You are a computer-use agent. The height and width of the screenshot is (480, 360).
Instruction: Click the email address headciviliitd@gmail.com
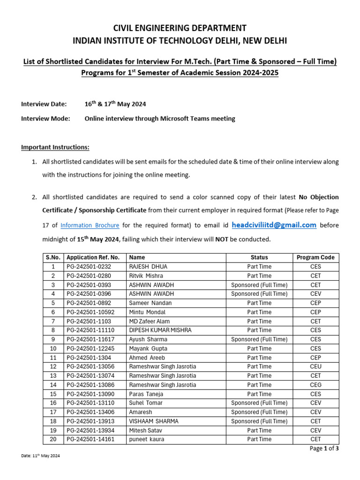(274, 225)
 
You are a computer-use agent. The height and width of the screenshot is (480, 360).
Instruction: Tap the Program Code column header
(315, 257)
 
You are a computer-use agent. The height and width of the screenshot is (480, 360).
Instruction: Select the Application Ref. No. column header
(93, 257)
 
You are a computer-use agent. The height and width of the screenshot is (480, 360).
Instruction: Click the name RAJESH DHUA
(148, 267)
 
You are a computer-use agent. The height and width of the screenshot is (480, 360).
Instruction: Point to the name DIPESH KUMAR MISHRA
(160, 330)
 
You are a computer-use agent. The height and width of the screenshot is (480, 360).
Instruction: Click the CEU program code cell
(315, 367)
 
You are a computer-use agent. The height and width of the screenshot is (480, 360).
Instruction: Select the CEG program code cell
(315, 385)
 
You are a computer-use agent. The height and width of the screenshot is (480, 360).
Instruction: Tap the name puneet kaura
(147, 439)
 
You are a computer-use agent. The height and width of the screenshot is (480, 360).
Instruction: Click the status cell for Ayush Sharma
(259, 339)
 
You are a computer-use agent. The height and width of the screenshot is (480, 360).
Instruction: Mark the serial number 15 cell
(53, 394)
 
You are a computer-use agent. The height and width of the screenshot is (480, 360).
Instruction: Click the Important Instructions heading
(55, 147)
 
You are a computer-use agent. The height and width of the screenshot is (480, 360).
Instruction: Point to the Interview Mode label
(45, 119)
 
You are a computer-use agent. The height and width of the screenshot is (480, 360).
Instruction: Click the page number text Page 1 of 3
(324, 449)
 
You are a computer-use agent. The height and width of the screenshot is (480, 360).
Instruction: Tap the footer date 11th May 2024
(41, 456)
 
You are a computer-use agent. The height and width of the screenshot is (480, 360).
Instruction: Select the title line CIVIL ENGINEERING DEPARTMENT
(180, 28)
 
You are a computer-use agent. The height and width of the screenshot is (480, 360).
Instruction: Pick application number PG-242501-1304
(89, 358)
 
